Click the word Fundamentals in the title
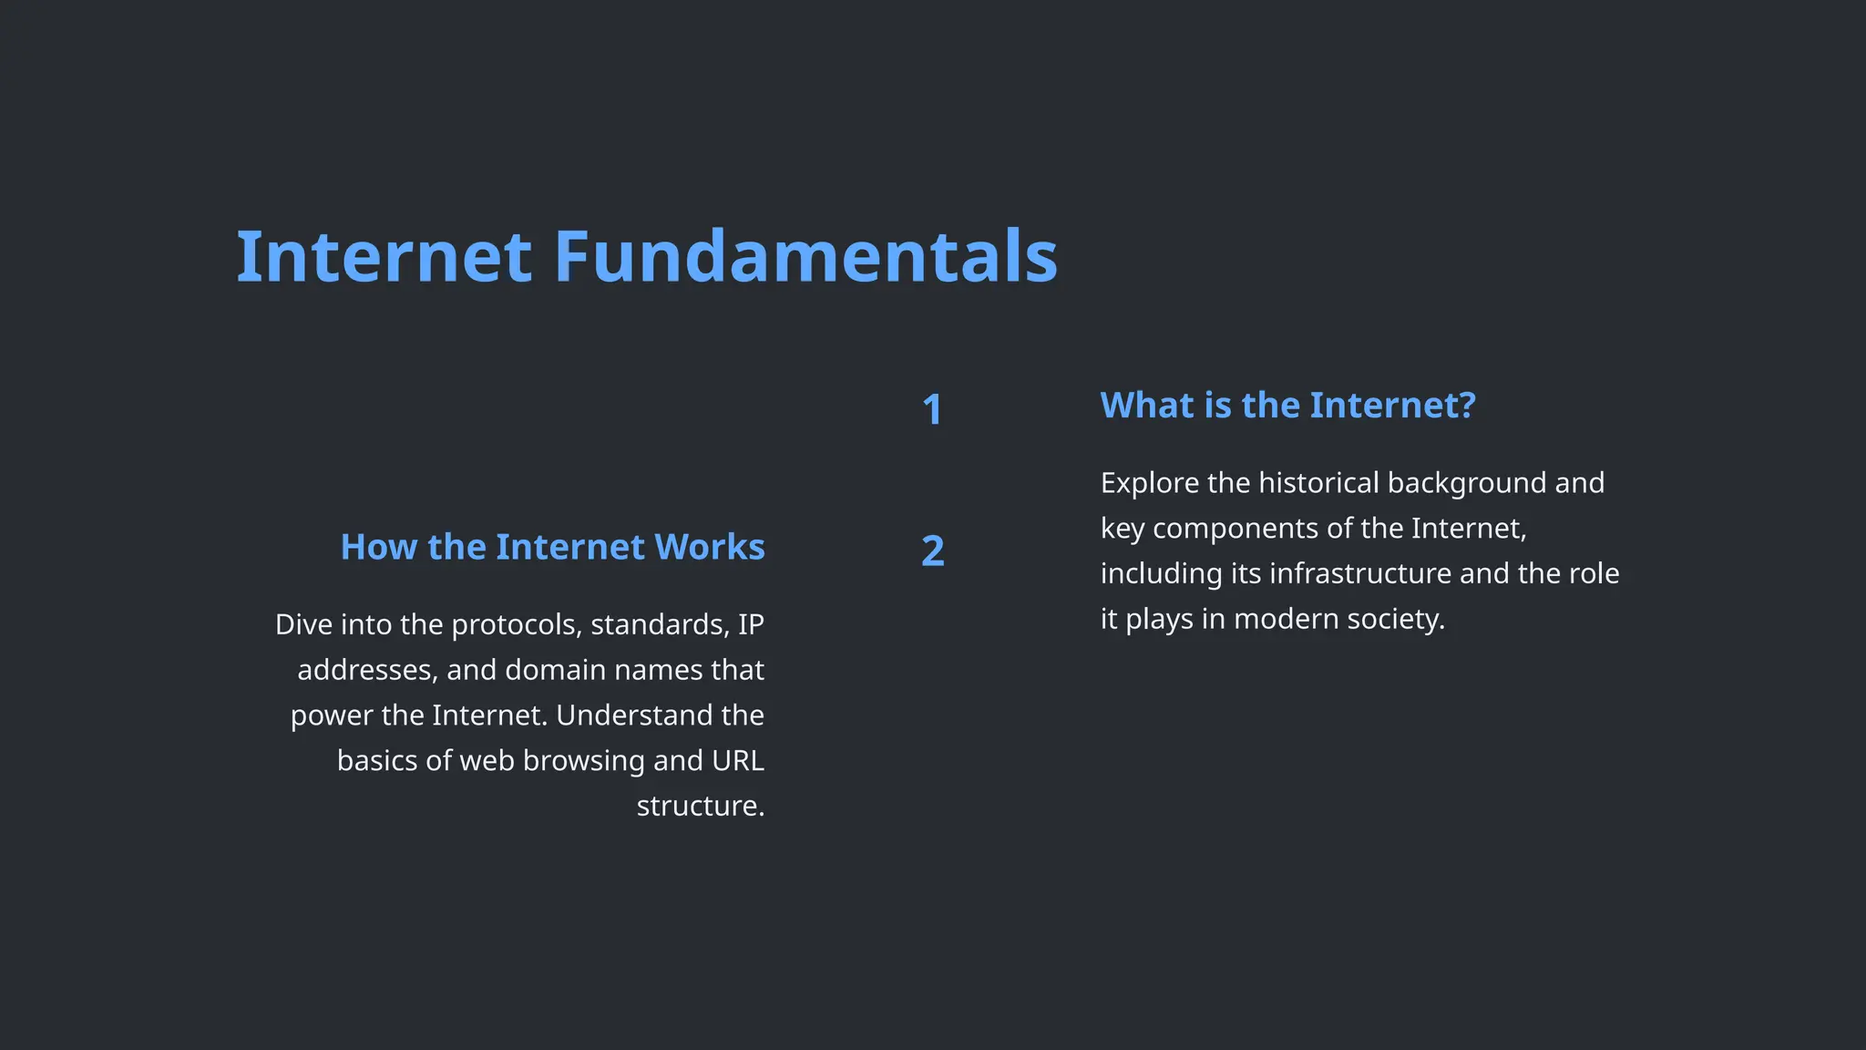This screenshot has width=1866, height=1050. click(x=805, y=257)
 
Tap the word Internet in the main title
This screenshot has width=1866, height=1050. click(x=384, y=257)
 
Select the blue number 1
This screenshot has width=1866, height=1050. click(x=931, y=409)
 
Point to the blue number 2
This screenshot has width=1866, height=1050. click(x=932, y=551)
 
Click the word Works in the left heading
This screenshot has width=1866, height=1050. click(x=709, y=547)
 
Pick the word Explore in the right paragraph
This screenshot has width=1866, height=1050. click(x=1149, y=483)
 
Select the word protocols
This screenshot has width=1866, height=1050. click(x=516, y=624)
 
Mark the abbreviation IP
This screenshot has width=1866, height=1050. click(x=751, y=624)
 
